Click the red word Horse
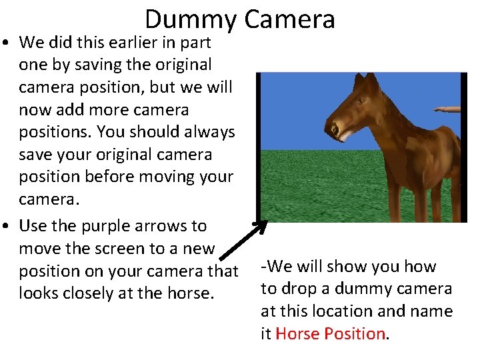[295, 333]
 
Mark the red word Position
[353, 333]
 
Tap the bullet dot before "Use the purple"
[9, 227]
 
